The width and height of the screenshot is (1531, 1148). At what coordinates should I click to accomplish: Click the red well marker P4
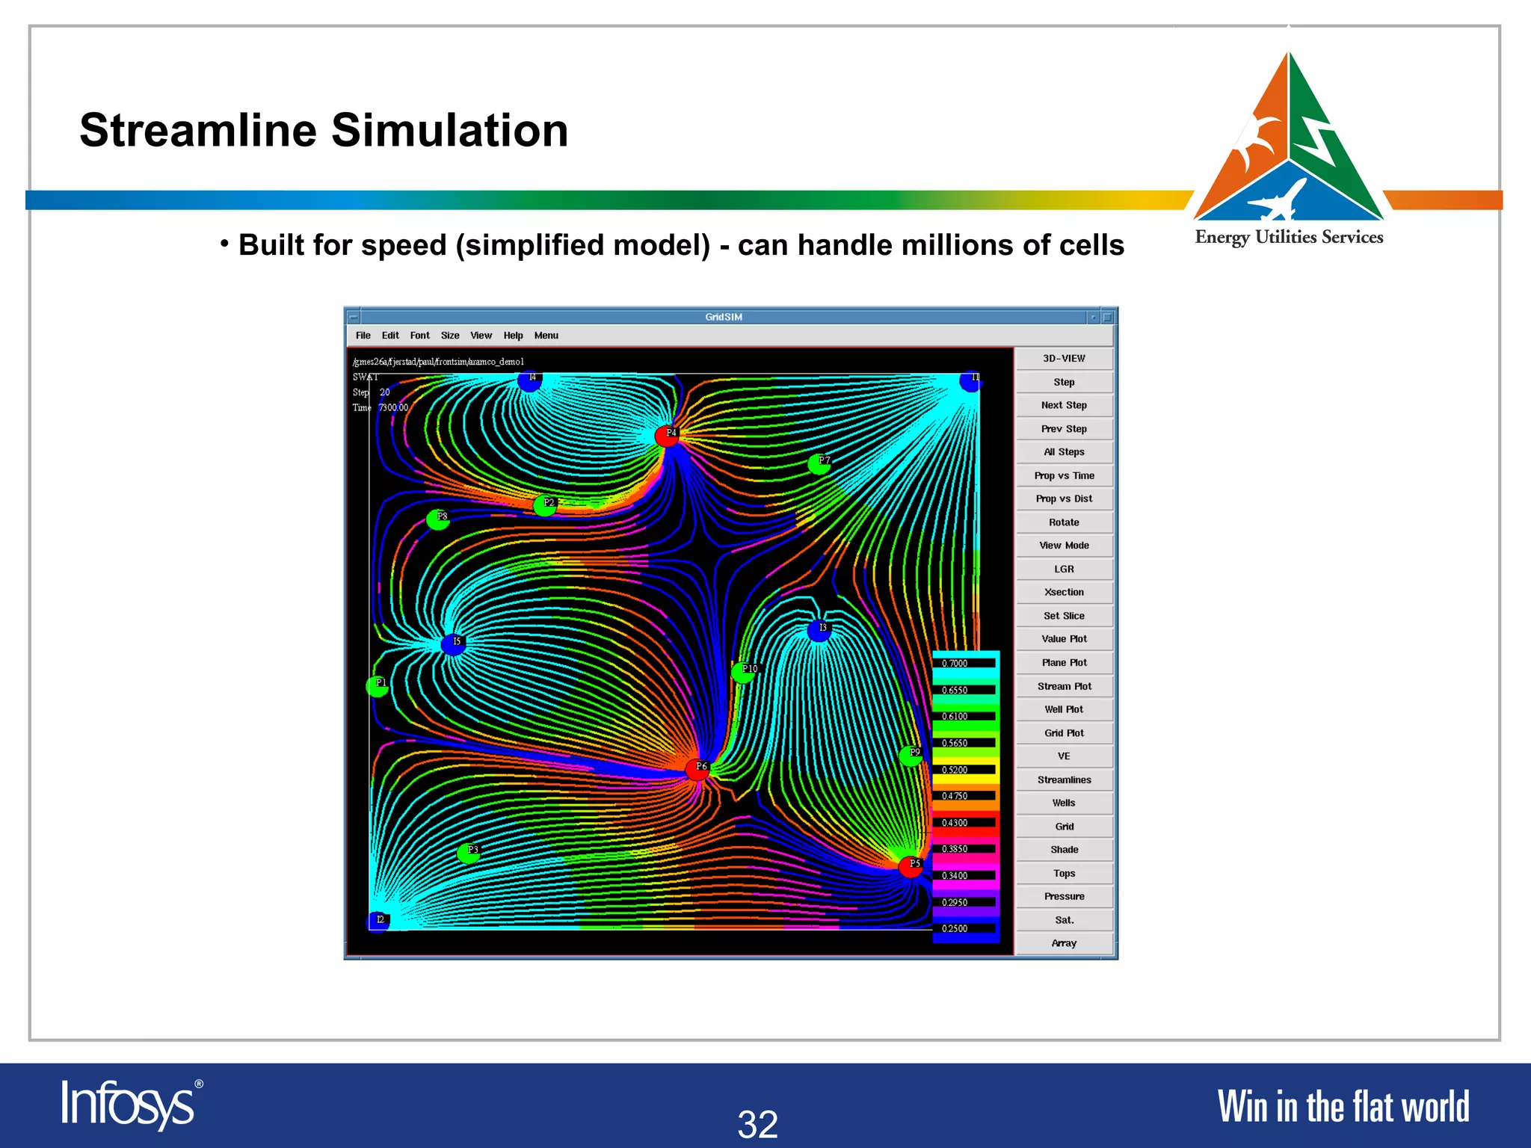[667, 436]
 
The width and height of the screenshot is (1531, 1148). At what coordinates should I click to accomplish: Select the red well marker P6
[697, 769]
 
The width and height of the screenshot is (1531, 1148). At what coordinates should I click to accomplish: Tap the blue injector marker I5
[453, 644]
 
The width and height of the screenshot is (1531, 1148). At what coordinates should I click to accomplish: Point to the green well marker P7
[820, 464]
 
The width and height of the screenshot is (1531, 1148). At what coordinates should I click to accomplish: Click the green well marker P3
[469, 853]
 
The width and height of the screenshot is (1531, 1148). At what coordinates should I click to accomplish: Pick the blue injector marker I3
[819, 631]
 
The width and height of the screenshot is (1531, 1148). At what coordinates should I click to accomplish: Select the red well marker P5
[911, 867]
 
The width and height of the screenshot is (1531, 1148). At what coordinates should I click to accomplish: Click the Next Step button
[1064, 405]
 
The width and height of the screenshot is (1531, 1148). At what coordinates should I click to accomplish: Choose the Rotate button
[1064, 522]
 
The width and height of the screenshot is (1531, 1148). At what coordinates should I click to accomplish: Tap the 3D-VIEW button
[1064, 359]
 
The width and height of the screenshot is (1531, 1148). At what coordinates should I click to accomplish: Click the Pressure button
[1064, 896]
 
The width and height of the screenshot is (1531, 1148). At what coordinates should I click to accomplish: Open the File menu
[363, 336]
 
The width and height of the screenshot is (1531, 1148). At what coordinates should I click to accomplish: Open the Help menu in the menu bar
[513, 336]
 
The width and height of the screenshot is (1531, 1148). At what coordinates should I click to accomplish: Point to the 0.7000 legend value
[955, 664]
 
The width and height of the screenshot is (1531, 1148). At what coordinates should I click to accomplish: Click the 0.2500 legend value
[955, 929]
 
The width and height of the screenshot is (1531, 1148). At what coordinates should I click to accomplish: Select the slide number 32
[758, 1124]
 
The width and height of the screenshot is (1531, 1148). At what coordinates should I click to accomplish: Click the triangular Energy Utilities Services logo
[1289, 142]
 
